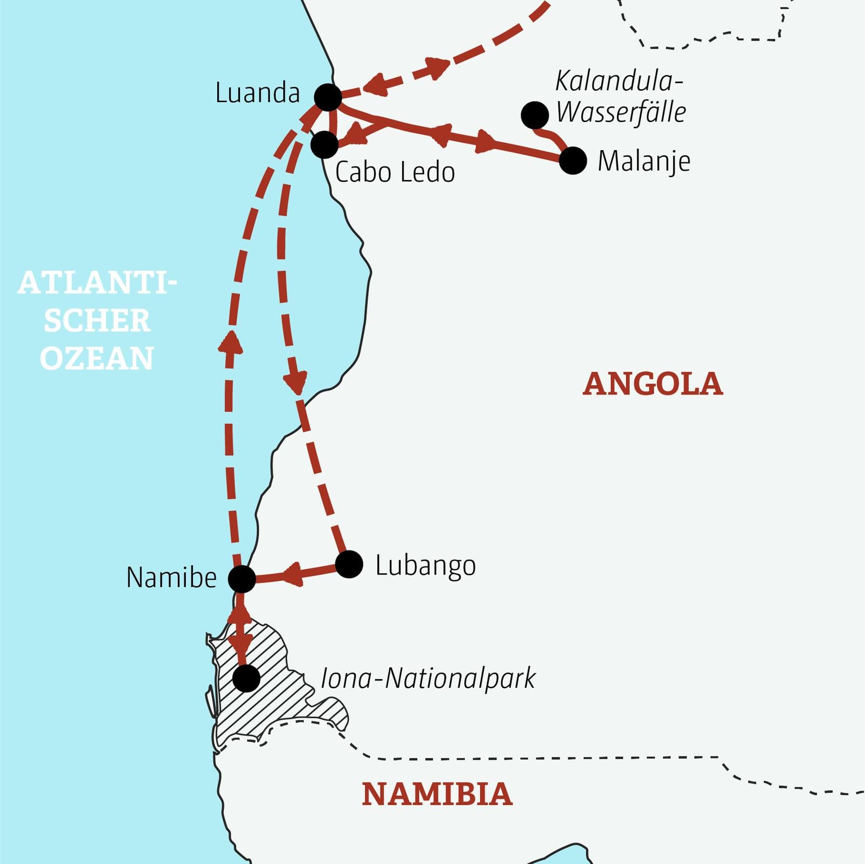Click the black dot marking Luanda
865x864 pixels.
click(x=328, y=98)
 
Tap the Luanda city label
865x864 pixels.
click(x=257, y=93)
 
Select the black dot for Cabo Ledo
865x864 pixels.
click(x=324, y=144)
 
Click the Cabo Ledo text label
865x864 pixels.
click(x=395, y=172)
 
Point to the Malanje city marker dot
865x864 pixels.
click(x=573, y=160)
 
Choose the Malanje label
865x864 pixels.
click(x=643, y=161)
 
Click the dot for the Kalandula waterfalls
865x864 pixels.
click(x=535, y=115)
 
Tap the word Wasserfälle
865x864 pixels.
click(x=621, y=112)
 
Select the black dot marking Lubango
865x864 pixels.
click(x=349, y=564)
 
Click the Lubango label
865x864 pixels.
click(x=425, y=566)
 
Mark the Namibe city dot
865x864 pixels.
click(x=242, y=579)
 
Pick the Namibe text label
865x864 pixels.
click(x=171, y=578)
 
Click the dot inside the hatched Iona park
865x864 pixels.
click(x=247, y=678)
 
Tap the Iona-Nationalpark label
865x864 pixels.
click(x=428, y=679)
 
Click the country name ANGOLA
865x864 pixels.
click(x=653, y=384)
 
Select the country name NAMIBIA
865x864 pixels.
click(x=437, y=794)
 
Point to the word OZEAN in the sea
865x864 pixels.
click(x=97, y=358)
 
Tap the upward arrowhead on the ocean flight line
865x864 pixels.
click(x=231, y=342)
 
